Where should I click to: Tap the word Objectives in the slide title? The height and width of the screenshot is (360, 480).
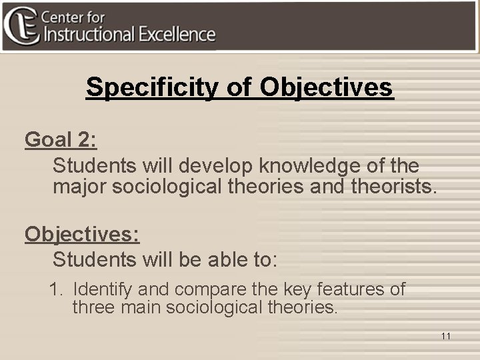327,87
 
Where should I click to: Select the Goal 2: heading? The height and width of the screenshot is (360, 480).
61,139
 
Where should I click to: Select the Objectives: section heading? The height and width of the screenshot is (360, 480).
82,234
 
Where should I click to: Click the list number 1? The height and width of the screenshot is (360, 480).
55,290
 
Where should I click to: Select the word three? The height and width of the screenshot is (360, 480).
93,308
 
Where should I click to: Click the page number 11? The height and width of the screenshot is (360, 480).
445,336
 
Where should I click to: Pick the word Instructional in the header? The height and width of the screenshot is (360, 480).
93,35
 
